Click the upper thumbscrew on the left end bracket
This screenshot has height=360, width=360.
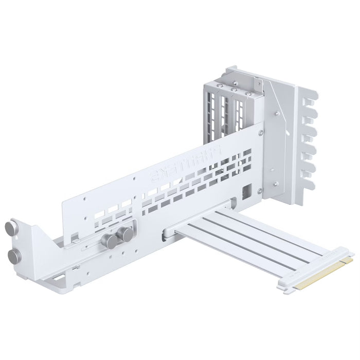(x=11, y=228)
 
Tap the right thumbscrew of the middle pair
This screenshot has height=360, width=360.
(x=125, y=236)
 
